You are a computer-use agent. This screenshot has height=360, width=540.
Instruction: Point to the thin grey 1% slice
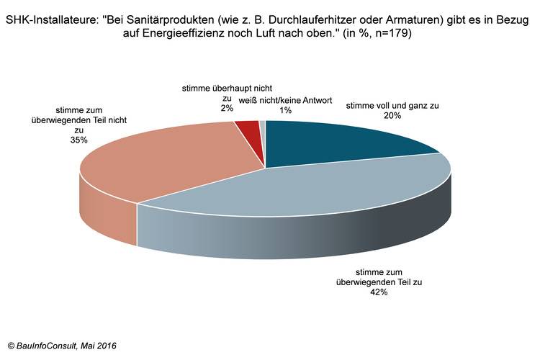(x=262, y=128)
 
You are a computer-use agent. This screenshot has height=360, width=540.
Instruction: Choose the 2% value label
(x=207, y=108)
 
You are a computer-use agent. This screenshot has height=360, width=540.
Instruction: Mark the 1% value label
(x=266, y=110)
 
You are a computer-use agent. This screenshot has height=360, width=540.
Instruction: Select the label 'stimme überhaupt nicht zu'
(x=207, y=93)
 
